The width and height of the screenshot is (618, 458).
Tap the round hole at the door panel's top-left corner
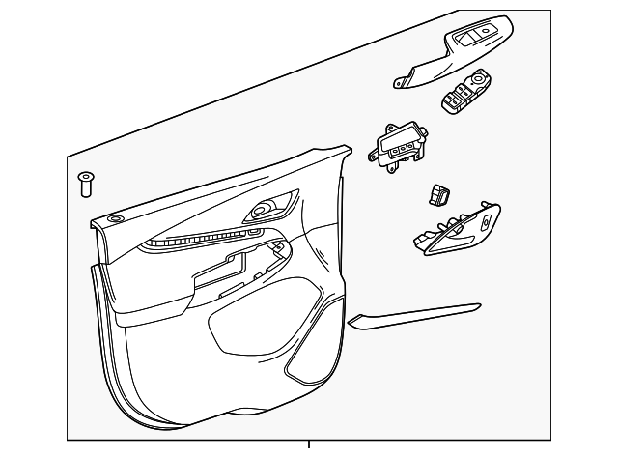(x=116, y=220)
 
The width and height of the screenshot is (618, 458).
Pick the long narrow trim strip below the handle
(x=415, y=317)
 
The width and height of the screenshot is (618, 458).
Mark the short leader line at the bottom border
(x=309, y=447)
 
